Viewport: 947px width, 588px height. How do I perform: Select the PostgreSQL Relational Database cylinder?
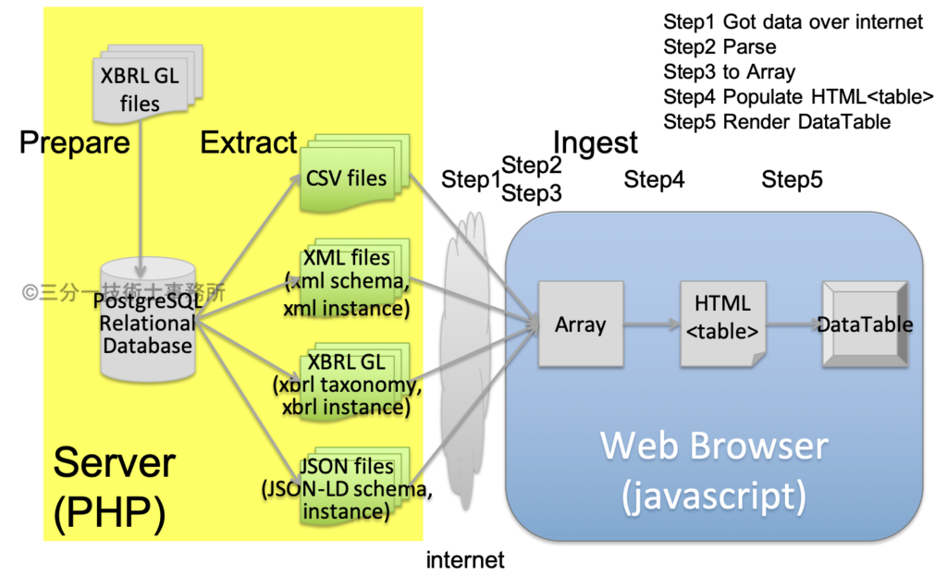tap(148, 320)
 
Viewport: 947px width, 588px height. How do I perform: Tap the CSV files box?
tap(354, 174)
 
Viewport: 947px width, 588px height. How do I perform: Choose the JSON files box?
tap(354, 486)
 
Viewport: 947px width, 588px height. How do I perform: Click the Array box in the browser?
tap(581, 325)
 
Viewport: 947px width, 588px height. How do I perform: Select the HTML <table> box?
tap(723, 325)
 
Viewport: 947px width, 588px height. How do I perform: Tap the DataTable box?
tap(866, 325)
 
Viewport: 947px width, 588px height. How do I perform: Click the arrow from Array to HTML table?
tap(652, 325)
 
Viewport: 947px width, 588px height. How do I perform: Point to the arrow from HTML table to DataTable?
tap(794, 325)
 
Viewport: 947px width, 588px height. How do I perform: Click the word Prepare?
tap(75, 143)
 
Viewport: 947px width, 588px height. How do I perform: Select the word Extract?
tap(248, 142)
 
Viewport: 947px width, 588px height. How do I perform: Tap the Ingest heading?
tap(595, 143)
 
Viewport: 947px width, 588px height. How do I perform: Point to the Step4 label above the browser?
tap(654, 179)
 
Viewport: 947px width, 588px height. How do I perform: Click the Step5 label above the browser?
tap(792, 179)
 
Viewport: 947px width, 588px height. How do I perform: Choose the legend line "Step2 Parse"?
tap(719, 47)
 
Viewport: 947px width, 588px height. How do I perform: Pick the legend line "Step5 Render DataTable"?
tap(777, 122)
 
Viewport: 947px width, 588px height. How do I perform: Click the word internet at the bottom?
tap(465, 560)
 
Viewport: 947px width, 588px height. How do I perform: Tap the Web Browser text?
tap(714, 447)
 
